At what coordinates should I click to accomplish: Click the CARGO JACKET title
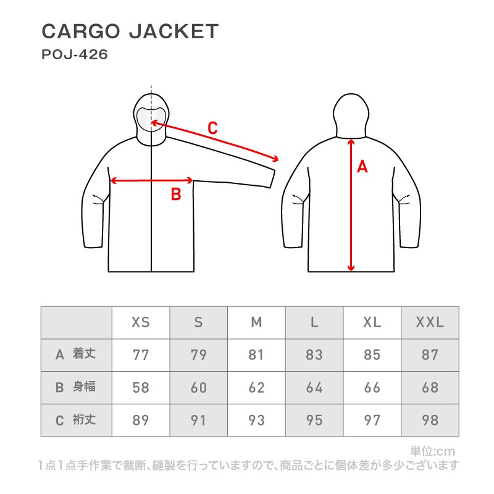[x=130, y=31]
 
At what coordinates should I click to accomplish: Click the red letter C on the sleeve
[x=212, y=128]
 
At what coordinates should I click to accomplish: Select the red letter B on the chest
[x=175, y=195]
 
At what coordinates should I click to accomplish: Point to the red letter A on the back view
[x=362, y=166]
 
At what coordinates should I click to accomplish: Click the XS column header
[x=141, y=322]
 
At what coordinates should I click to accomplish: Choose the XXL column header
[x=430, y=322]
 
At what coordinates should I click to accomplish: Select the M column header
[x=256, y=322]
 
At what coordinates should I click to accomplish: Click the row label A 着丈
[x=76, y=354]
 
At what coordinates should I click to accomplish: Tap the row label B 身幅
[x=76, y=387]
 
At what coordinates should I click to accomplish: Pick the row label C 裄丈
[x=76, y=420]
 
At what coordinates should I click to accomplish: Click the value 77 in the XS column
[x=141, y=355]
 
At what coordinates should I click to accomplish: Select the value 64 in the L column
[x=314, y=388]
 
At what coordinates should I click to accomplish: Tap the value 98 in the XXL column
[x=430, y=421]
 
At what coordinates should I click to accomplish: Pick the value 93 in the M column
[x=256, y=421]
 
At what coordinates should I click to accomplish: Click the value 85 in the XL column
[x=372, y=355]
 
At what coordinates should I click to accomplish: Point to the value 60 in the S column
[x=198, y=388]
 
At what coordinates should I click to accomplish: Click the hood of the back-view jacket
[x=351, y=111]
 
